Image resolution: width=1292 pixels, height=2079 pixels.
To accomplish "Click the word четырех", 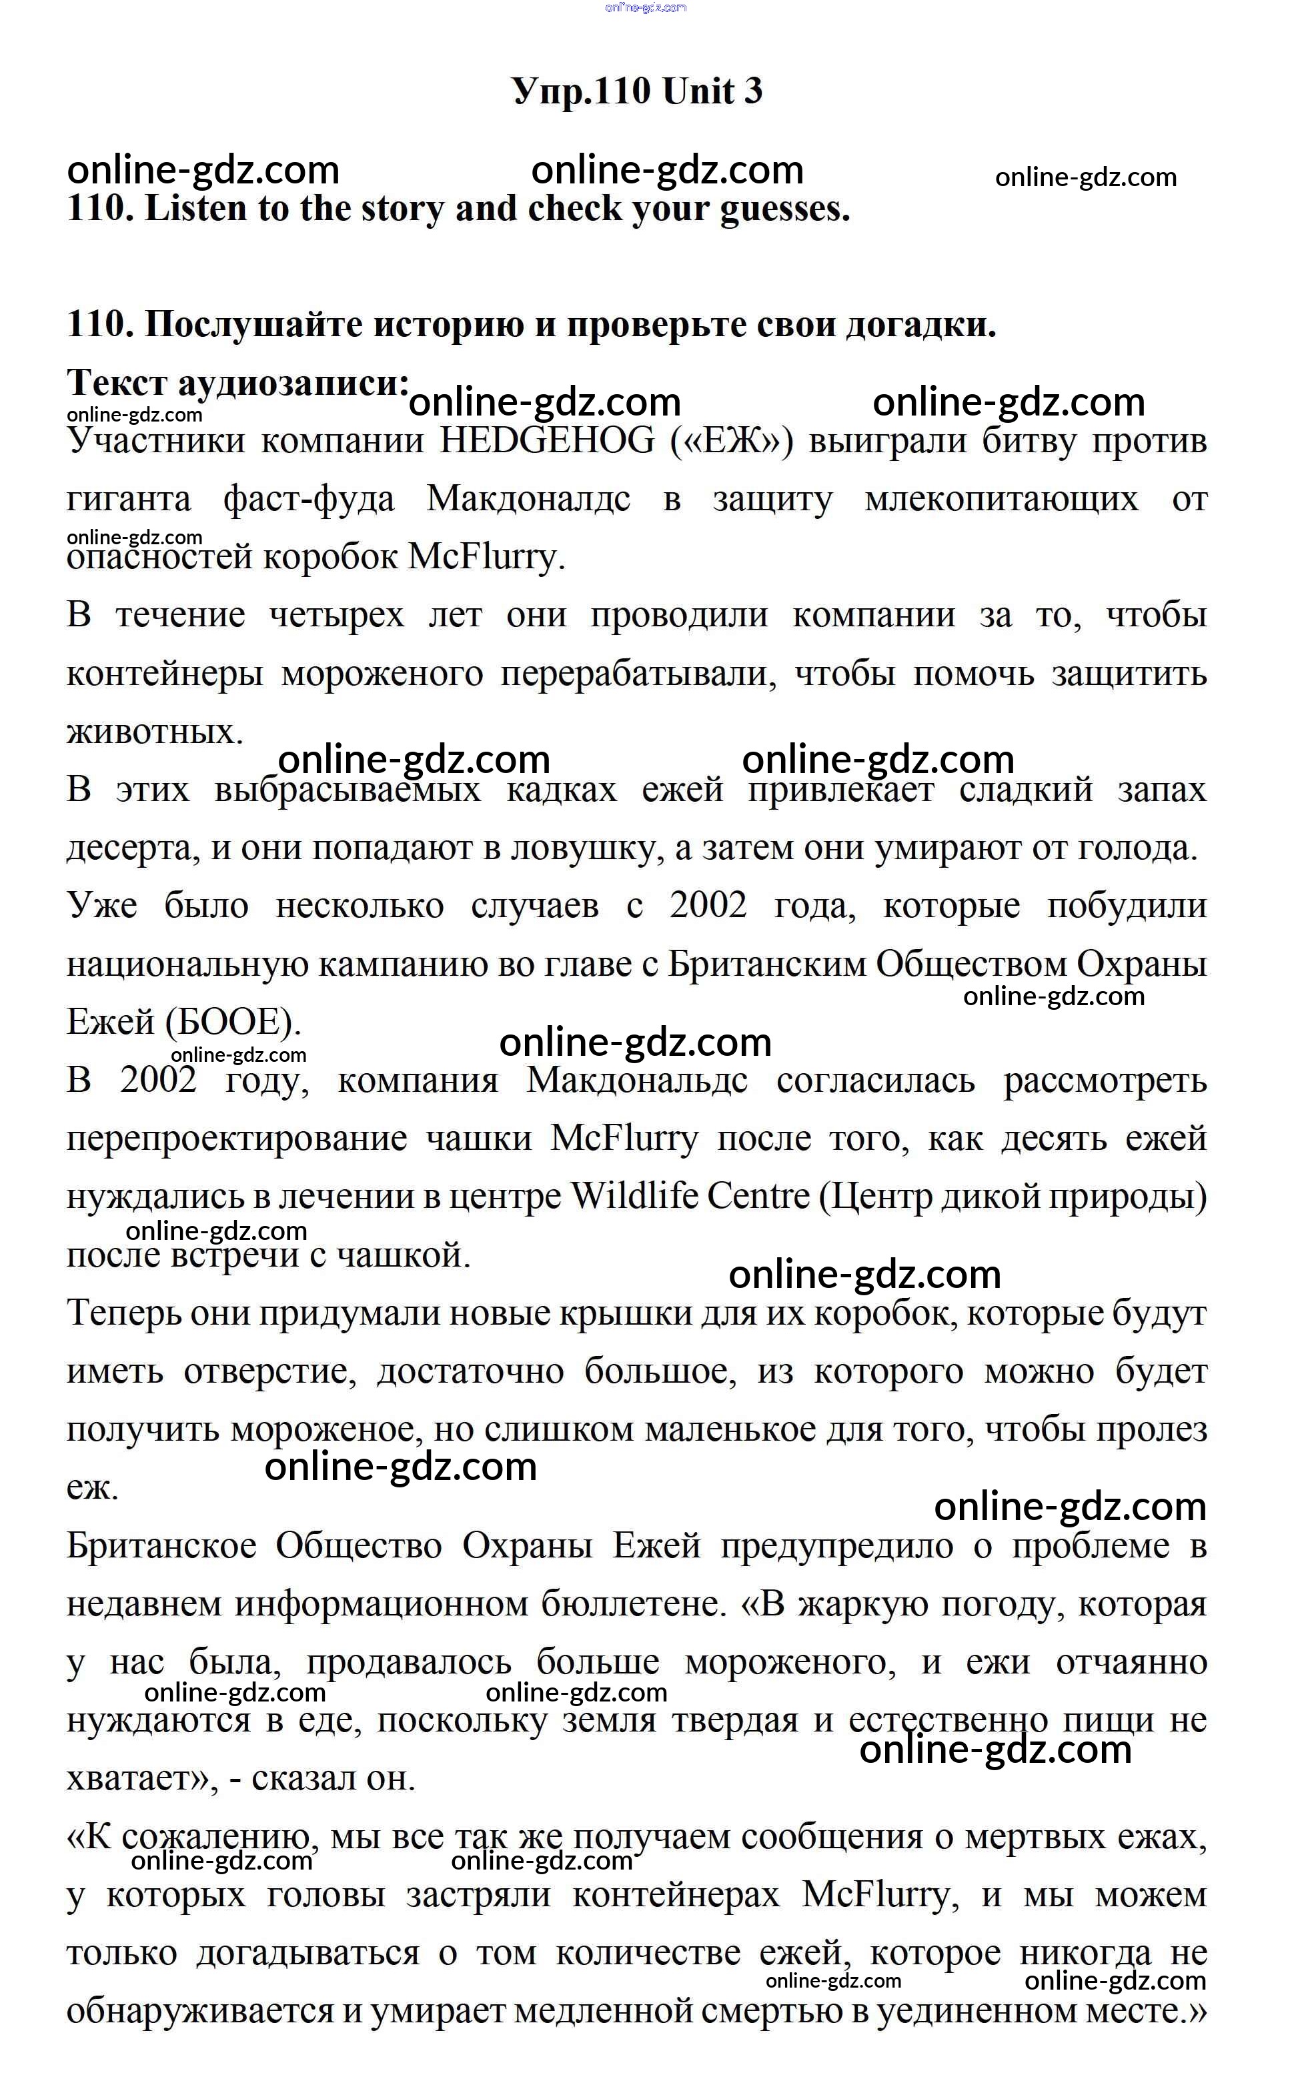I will (x=337, y=615).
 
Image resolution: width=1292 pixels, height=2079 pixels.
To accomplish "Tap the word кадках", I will (x=562, y=790).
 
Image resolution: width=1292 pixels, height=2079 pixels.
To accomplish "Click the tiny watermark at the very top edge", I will (x=645, y=8).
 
